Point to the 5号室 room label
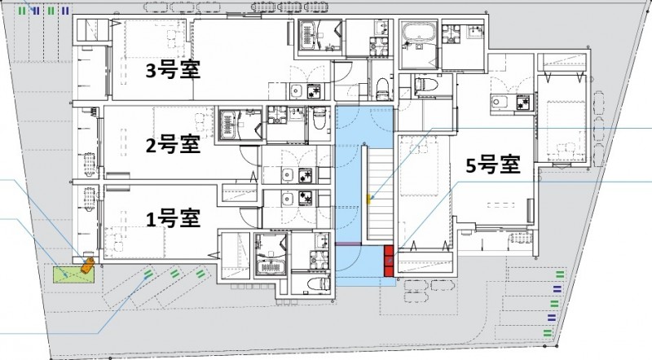point(492,165)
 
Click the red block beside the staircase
point(390,259)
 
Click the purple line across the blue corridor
point(350,244)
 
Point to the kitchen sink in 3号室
point(297,90)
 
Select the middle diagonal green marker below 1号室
point(174,272)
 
